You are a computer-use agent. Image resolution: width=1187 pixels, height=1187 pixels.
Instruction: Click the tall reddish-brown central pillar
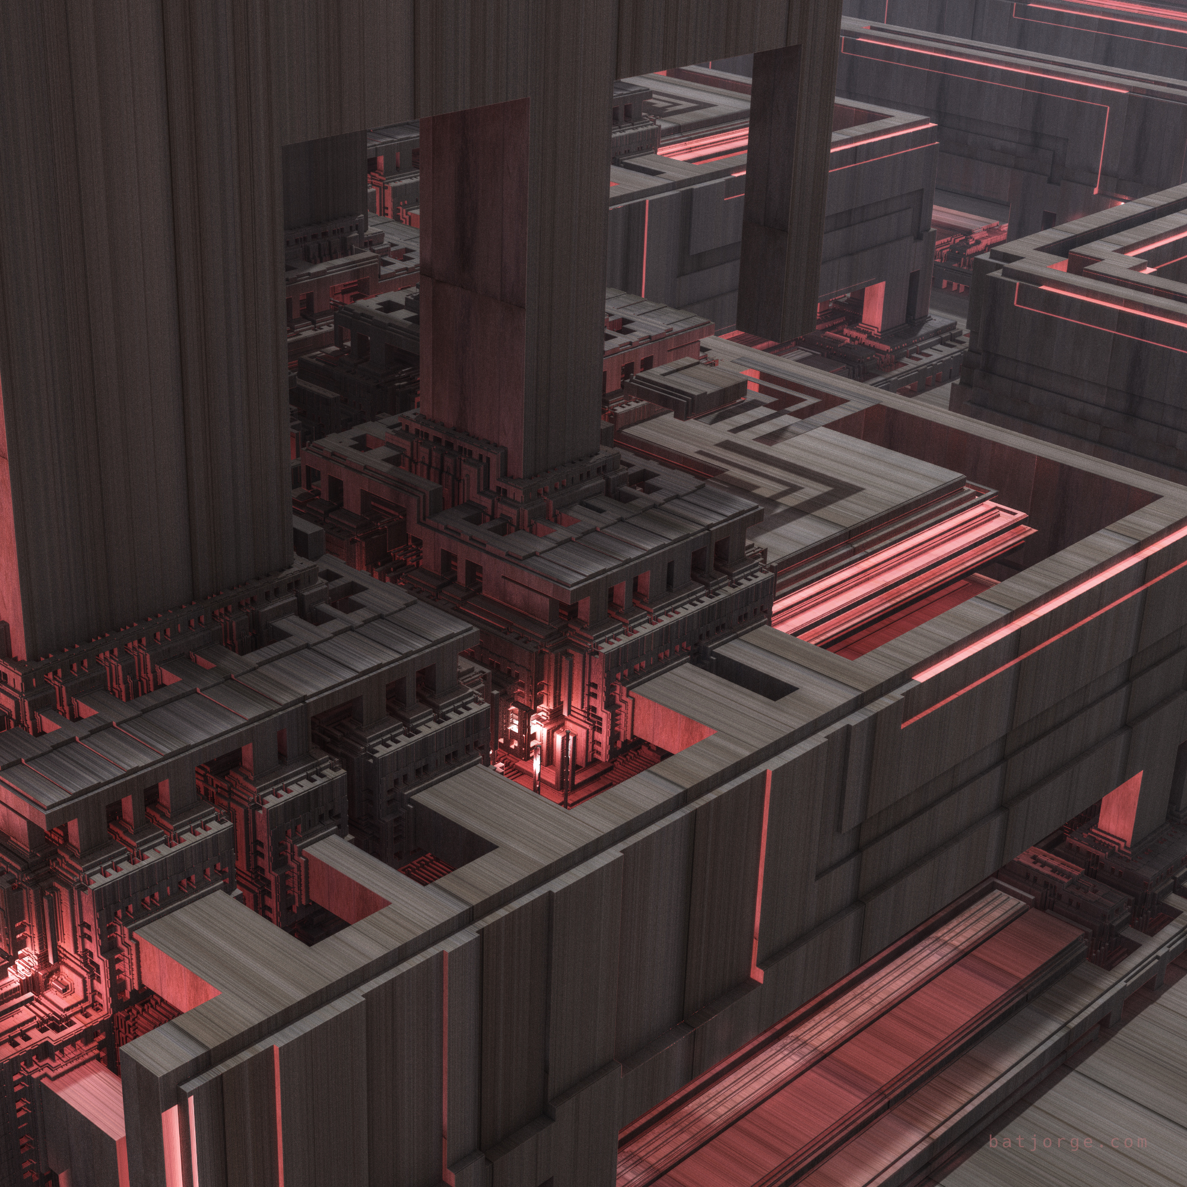pyautogui.click(x=474, y=289)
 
